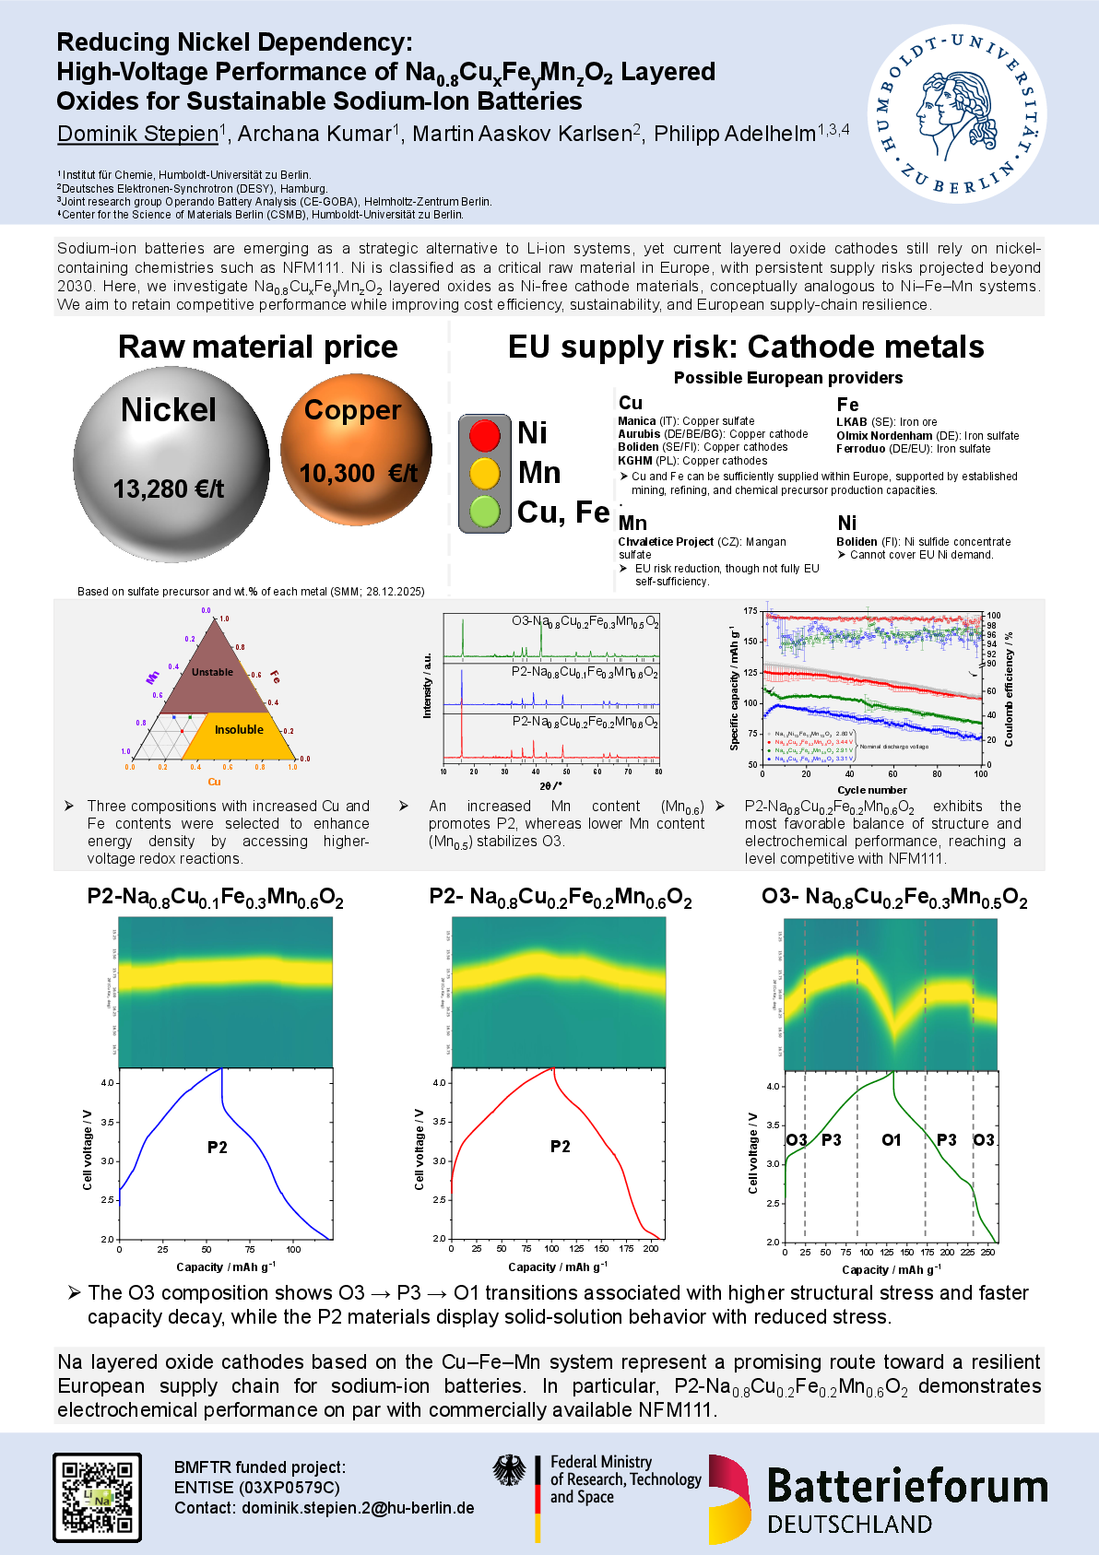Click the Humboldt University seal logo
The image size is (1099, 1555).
pos(956,114)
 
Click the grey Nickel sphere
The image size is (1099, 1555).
pos(171,464)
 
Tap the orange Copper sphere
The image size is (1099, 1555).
pos(356,449)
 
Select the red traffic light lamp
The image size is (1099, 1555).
pos(485,434)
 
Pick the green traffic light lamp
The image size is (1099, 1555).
pos(485,512)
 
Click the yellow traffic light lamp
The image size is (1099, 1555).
pos(485,473)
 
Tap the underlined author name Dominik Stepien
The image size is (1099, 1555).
pos(137,134)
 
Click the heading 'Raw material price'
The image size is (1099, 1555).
pos(258,347)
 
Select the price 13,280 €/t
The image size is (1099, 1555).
pos(169,489)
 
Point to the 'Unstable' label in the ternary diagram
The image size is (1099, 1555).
pos(212,672)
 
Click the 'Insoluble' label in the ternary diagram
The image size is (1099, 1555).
pos(239,729)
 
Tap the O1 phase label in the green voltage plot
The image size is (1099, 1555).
pos(891,1140)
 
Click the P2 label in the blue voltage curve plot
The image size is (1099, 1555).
pos(217,1148)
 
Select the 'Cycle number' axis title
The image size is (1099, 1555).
pos(871,790)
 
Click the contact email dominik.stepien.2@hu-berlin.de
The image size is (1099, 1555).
pos(358,1508)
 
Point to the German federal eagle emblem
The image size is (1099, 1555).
pos(509,1471)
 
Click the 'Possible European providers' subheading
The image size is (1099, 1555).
pos(788,378)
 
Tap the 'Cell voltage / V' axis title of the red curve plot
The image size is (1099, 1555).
pos(420,1149)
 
